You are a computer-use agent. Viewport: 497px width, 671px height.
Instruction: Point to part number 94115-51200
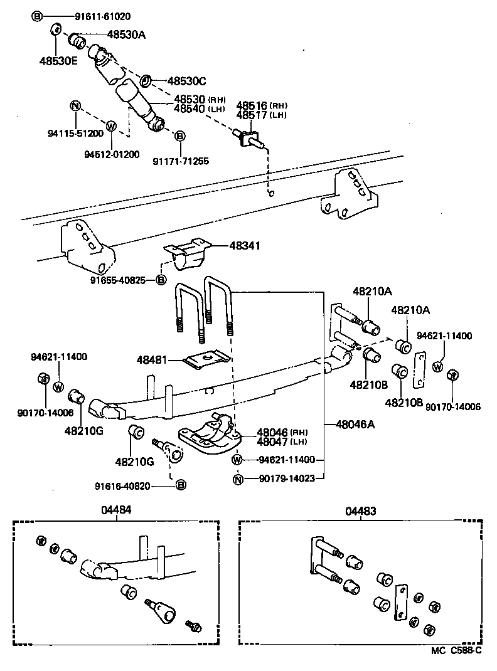tap(75, 133)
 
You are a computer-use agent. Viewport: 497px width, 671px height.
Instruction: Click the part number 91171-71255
tap(181, 161)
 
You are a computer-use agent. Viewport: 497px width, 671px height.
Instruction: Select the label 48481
tap(152, 359)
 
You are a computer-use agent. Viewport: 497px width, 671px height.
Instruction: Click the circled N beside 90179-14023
tap(238, 479)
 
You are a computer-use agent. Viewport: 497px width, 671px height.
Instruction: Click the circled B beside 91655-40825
tap(161, 280)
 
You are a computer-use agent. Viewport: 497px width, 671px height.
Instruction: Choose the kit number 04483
tap(361, 510)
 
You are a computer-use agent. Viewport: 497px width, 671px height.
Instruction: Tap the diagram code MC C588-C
tap(456, 650)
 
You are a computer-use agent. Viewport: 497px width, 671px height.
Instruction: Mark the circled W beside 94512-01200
tap(111, 126)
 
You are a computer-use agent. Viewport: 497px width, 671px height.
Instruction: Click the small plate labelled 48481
tap(206, 358)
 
